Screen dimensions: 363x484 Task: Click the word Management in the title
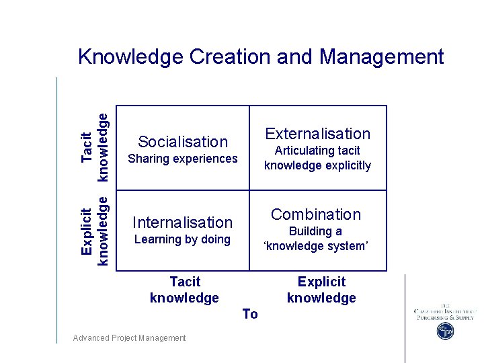[x=382, y=57]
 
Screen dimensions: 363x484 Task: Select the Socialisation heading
[x=183, y=142]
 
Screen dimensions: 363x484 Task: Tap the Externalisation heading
[x=317, y=134]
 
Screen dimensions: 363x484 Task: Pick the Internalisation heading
[x=183, y=223]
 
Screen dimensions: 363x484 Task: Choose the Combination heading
[x=316, y=214]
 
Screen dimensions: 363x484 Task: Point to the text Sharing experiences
[x=183, y=159]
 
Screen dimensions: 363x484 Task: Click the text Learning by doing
[x=182, y=239]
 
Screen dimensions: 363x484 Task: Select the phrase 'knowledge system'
[x=316, y=246]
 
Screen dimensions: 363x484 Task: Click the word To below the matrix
[x=250, y=314]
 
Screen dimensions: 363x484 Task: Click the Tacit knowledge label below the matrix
[x=184, y=290]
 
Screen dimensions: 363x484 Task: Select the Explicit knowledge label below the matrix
[x=321, y=290]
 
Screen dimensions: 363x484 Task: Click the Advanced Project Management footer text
[x=129, y=338]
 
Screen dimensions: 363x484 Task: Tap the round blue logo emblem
[x=445, y=331]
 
